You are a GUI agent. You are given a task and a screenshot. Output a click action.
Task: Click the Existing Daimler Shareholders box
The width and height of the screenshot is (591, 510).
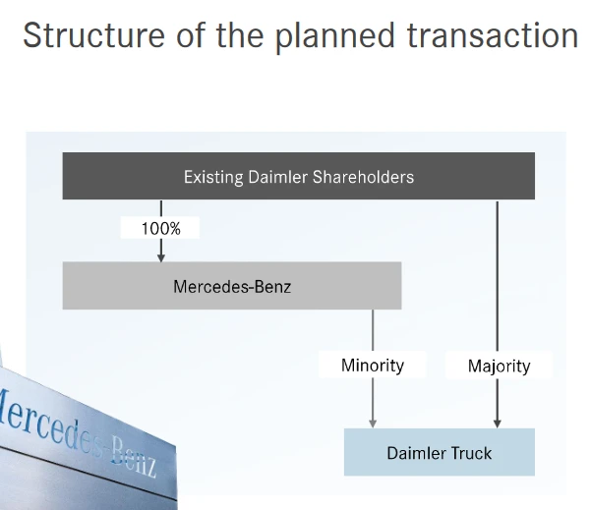point(299,177)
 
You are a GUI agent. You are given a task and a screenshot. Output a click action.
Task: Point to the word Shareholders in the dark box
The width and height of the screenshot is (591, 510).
point(362,177)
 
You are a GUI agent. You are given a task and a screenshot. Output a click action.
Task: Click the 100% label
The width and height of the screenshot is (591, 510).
point(161,228)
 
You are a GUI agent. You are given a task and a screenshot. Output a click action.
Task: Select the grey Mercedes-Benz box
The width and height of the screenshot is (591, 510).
point(232,286)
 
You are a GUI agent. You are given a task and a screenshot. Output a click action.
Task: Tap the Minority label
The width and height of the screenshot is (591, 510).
point(373,365)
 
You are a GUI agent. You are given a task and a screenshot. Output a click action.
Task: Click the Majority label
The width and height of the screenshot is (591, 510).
point(499,366)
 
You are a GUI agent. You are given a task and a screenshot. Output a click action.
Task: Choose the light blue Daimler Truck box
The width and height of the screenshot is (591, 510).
point(439,452)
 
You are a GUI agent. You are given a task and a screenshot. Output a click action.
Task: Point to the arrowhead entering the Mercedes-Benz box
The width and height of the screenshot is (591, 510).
point(161,255)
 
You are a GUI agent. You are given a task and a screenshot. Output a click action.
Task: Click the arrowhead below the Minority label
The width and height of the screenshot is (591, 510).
point(373,422)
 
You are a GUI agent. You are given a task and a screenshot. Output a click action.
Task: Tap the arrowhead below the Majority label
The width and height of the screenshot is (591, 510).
point(499,422)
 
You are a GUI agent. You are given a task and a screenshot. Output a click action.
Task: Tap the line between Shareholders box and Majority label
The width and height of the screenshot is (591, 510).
point(499,275)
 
